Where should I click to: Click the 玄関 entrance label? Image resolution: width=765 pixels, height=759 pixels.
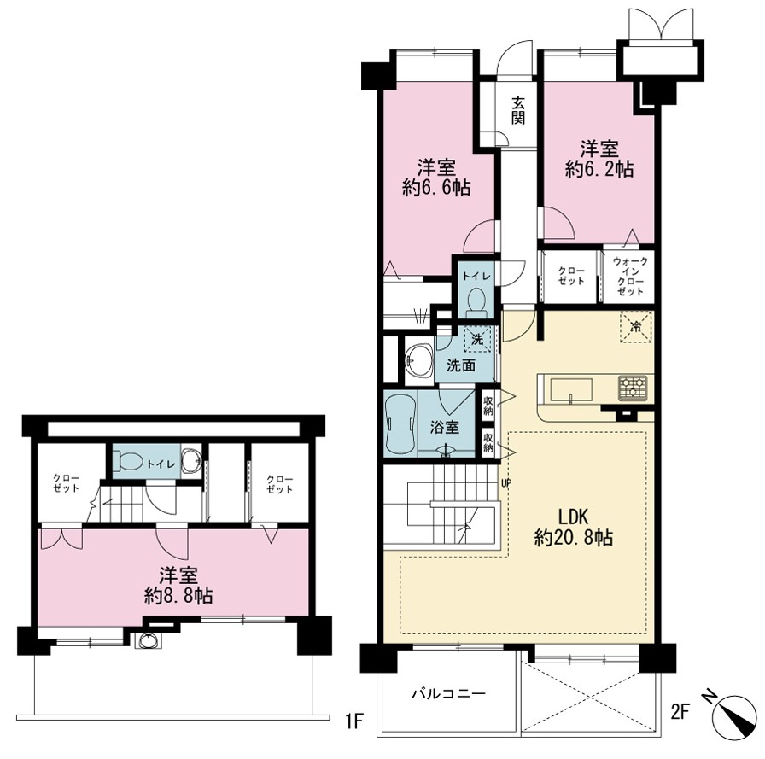pyautogui.click(x=518, y=111)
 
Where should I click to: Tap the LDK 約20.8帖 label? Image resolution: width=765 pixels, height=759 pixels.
pyautogui.click(x=574, y=527)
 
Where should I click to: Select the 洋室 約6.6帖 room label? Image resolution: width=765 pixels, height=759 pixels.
pyautogui.click(x=436, y=178)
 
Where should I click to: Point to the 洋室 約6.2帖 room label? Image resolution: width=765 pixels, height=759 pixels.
pyautogui.click(x=599, y=159)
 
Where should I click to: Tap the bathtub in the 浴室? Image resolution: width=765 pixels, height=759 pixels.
pyautogui.click(x=400, y=423)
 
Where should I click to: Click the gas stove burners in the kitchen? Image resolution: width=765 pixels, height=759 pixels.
pyautogui.click(x=633, y=388)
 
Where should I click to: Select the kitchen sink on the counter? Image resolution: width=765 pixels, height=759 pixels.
pyautogui.click(x=571, y=390)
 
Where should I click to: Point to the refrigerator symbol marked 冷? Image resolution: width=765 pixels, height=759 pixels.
pyautogui.click(x=636, y=326)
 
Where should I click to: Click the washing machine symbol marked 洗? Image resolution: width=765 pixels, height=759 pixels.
pyautogui.click(x=477, y=337)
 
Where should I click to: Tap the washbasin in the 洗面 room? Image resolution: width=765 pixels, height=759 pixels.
pyautogui.click(x=419, y=361)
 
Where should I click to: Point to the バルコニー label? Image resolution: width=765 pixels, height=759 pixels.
pyautogui.click(x=449, y=693)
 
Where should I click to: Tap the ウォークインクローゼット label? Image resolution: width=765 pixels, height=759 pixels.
pyautogui.click(x=630, y=276)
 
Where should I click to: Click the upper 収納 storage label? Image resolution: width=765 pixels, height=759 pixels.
pyautogui.click(x=488, y=406)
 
